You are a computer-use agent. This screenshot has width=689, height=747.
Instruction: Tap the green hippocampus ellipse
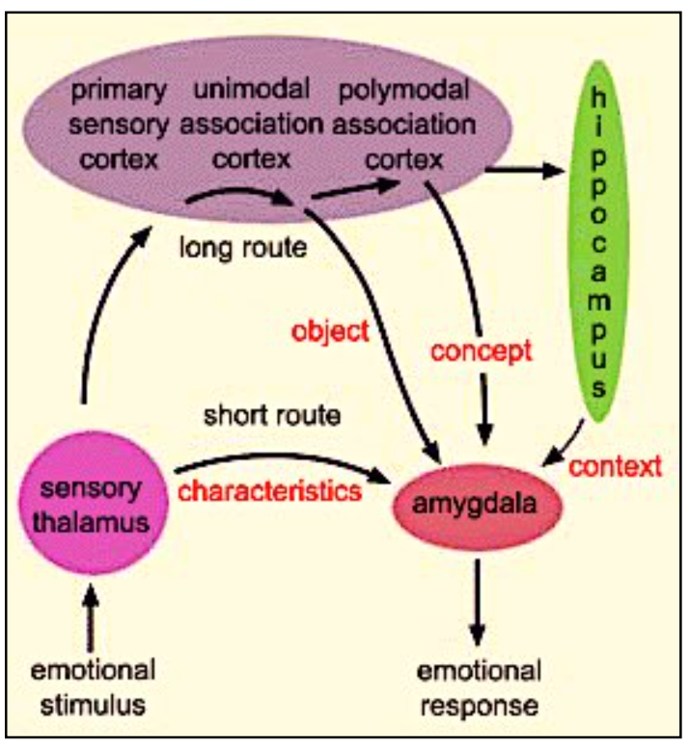(x=600, y=241)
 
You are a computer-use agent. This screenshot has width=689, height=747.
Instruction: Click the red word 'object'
(x=331, y=331)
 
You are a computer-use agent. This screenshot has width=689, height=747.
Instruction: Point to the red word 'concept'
(x=482, y=350)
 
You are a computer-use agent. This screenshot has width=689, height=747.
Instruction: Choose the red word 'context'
(x=616, y=467)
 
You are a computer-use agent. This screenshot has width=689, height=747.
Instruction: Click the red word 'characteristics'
(x=269, y=489)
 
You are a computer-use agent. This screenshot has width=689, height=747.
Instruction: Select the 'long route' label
(x=242, y=248)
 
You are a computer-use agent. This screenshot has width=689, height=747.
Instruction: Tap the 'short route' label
(x=273, y=416)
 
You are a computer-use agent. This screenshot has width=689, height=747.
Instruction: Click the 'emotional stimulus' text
(x=93, y=686)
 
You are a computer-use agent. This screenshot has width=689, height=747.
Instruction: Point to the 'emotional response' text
(x=479, y=686)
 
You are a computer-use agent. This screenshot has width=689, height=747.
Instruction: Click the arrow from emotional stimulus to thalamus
(x=93, y=618)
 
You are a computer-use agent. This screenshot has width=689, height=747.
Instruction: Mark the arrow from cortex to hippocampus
(x=526, y=172)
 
